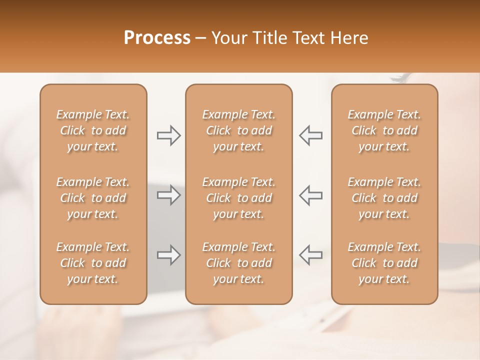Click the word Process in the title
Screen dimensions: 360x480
(157, 37)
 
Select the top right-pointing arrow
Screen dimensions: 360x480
(168, 135)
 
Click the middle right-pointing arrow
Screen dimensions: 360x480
(168, 195)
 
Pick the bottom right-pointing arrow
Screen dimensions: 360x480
(168, 255)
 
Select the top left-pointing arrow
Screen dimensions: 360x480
(311, 135)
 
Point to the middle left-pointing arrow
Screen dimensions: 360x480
(311, 195)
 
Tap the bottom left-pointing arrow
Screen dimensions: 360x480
(311, 255)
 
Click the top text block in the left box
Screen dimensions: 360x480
(93, 130)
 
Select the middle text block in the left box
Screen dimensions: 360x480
(93, 198)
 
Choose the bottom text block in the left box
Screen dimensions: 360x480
(93, 263)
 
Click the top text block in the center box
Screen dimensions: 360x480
(239, 130)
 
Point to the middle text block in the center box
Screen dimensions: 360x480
(239, 198)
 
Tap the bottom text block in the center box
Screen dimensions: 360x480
(239, 263)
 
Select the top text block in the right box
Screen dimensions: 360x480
(384, 130)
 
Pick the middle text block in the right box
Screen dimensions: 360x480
(384, 198)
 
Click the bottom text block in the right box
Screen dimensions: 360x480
(384, 263)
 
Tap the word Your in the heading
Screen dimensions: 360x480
(228, 37)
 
